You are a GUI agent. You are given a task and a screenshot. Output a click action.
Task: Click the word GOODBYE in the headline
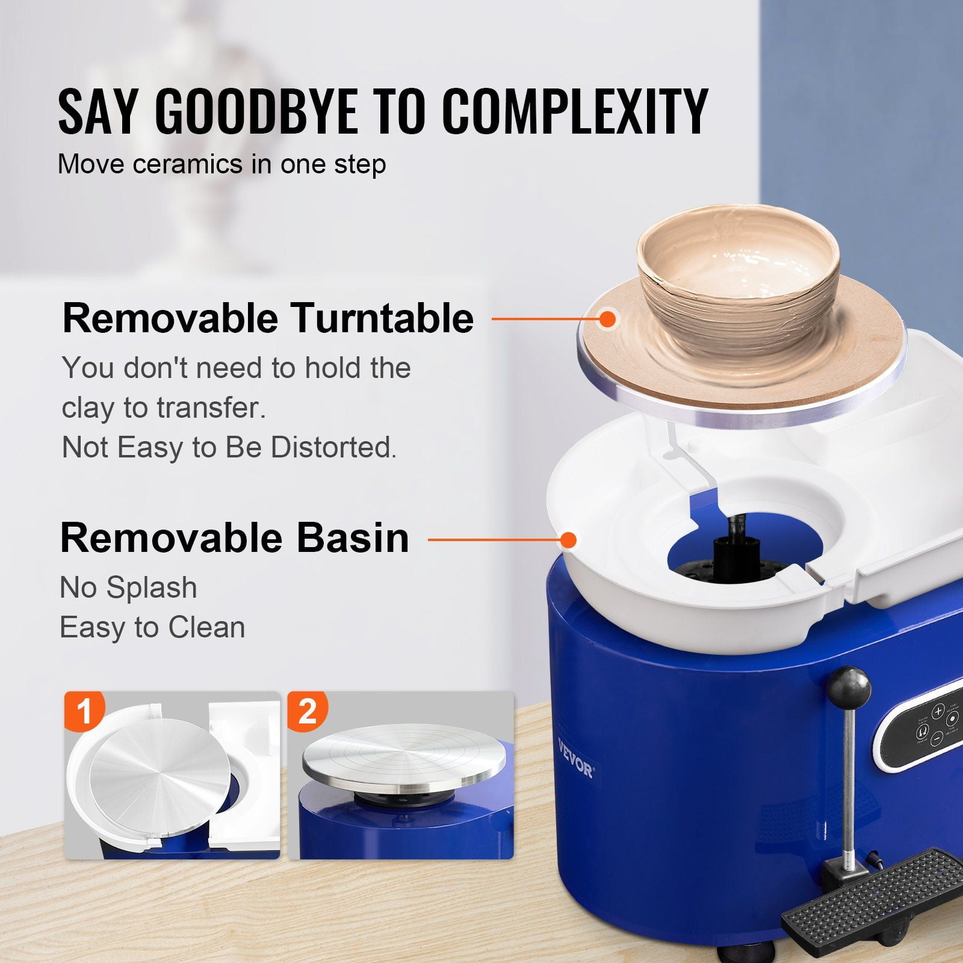(x=252, y=111)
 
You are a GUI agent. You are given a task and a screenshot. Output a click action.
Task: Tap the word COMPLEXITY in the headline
(x=575, y=111)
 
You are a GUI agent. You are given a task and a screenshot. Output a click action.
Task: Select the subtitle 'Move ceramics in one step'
(x=221, y=164)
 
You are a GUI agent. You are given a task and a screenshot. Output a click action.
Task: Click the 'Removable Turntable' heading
(x=268, y=318)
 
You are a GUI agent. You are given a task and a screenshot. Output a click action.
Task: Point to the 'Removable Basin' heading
(x=235, y=537)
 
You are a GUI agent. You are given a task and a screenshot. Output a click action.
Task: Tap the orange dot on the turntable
(x=608, y=318)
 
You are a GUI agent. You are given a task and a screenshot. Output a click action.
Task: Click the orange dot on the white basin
(x=569, y=539)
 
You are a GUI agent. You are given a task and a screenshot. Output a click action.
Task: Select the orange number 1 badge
(x=84, y=711)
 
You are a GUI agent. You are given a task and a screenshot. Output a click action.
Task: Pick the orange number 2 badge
(x=308, y=711)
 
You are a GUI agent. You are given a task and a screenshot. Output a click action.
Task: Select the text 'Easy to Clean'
(x=152, y=628)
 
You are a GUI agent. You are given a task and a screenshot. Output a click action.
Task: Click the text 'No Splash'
(x=128, y=587)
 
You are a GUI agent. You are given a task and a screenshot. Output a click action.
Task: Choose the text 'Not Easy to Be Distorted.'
(x=229, y=448)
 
